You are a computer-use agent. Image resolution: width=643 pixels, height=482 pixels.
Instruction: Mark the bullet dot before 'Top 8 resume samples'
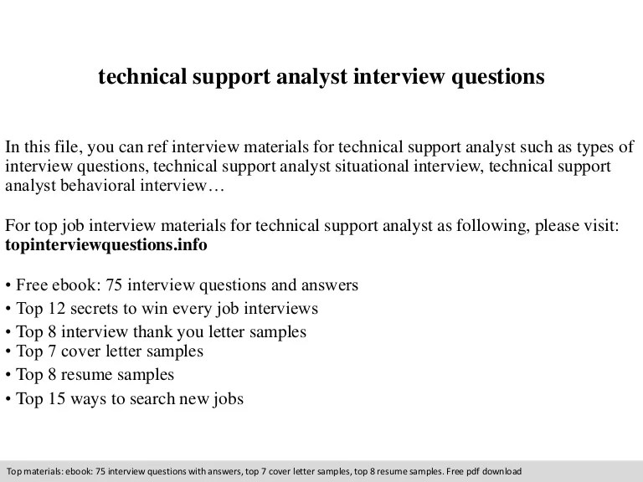point(8,373)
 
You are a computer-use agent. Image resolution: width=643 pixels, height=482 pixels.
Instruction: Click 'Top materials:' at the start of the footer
point(31,470)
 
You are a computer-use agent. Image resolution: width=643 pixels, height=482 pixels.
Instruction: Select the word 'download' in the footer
point(502,470)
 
